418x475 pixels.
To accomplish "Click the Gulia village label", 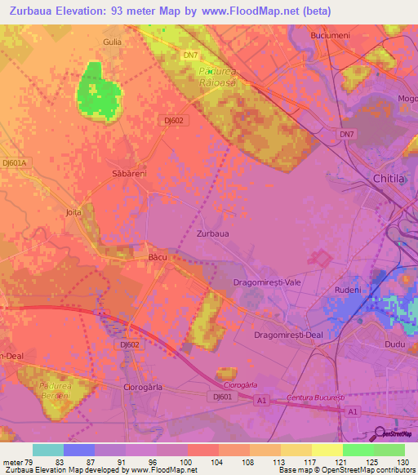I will click(x=112, y=40).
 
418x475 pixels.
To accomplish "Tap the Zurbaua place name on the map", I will click(x=213, y=233).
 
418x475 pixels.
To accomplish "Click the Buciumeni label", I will click(x=330, y=36).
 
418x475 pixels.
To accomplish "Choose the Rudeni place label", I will click(x=348, y=290).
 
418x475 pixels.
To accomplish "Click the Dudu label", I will click(x=394, y=345).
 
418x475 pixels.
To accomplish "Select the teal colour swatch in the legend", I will click(x=48, y=450).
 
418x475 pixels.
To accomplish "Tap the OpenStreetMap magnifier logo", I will click(x=380, y=433).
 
